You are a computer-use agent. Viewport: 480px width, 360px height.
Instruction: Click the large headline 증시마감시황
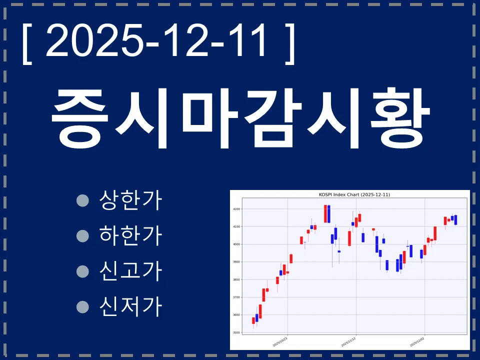tap(240, 118)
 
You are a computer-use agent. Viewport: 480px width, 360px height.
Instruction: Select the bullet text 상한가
tap(131, 200)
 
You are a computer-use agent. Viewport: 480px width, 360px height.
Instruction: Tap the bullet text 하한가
tap(131, 235)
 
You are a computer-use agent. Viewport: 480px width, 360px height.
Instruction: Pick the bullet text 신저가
tap(131, 305)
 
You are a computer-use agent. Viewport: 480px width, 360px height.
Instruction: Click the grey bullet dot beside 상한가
tap(82, 200)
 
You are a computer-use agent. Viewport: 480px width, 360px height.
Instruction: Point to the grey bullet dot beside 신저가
tap(82, 305)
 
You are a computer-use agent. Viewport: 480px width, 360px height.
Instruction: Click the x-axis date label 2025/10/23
tap(280, 341)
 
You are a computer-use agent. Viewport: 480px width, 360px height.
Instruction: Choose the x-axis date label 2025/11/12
tap(348, 341)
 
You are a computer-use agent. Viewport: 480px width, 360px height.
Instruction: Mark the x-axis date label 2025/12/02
tap(417, 341)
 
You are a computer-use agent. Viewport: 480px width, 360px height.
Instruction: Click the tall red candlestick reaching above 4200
tap(325, 213)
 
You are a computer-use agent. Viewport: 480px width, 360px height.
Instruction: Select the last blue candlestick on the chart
tap(455, 220)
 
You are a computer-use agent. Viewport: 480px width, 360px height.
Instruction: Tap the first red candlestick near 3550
tap(253, 320)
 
